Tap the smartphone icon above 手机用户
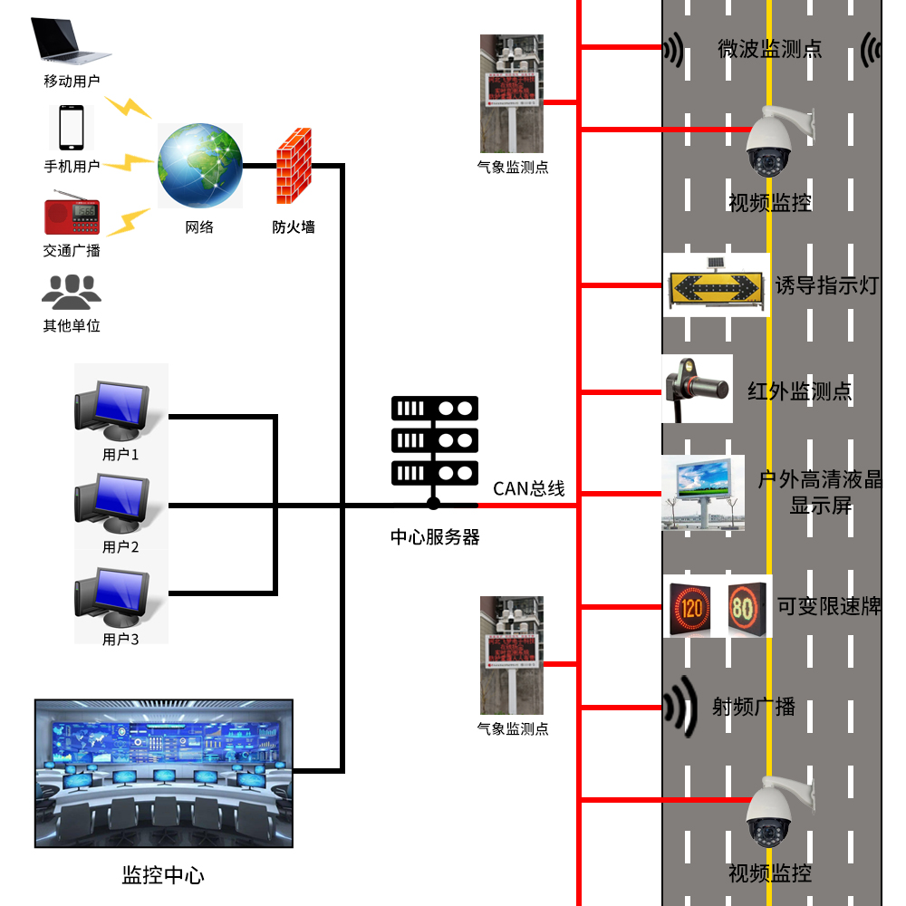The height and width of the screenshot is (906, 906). [x=71, y=128]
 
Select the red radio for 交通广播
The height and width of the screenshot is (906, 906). [x=72, y=215]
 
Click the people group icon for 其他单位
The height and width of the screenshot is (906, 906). [x=72, y=292]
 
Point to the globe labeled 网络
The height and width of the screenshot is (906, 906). [x=200, y=167]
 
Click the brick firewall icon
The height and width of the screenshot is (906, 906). [x=294, y=166]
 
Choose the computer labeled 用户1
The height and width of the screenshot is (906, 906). [x=112, y=407]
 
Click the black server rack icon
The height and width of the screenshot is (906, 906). [x=434, y=439]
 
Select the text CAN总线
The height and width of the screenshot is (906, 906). [x=528, y=489]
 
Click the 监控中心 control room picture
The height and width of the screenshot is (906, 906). [x=164, y=773]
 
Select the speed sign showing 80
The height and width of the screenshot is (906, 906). [x=744, y=606]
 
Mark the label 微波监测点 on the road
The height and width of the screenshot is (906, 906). [x=770, y=49]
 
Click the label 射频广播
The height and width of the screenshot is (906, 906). [x=753, y=707]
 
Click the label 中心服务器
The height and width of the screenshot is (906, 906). [x=435, y=537]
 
